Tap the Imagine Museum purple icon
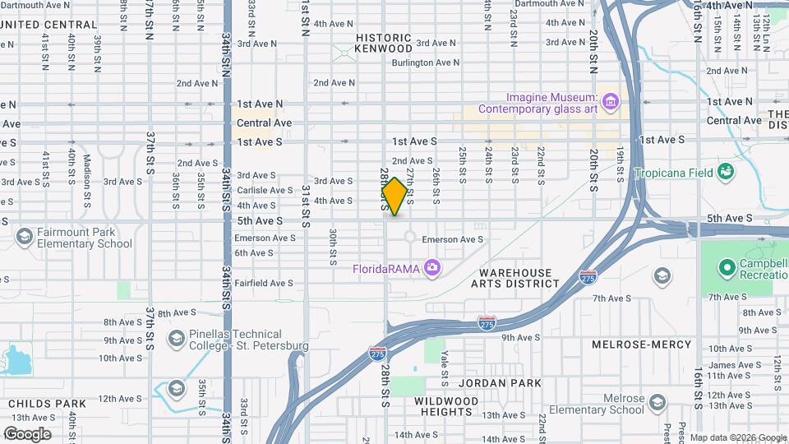pos(610,101)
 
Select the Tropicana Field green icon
pos(725,172)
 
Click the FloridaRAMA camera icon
pos(431,268)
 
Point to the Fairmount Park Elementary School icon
pos(25,238)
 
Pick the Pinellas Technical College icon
pos(176,339)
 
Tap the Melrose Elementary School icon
pos(656,402)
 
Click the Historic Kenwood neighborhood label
pos(383,44)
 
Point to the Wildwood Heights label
pos(446,407)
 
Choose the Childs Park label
pos(48,404)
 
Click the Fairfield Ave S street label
pos(263,283)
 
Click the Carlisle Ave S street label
pos(265,190)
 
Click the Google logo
pos(27,434)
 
